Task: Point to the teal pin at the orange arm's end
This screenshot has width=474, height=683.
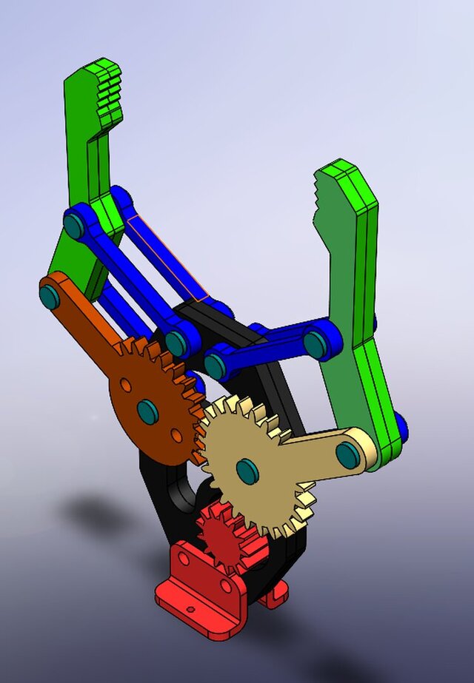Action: point(50,297)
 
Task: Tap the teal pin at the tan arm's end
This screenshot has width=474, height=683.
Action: point(348,454)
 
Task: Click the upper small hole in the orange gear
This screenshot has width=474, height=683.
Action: point(127,386)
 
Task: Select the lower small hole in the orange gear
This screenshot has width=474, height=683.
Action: point(176,435)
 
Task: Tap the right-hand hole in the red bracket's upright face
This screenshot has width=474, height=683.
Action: point(225,586)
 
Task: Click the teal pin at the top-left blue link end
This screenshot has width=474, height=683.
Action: point(74,223)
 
